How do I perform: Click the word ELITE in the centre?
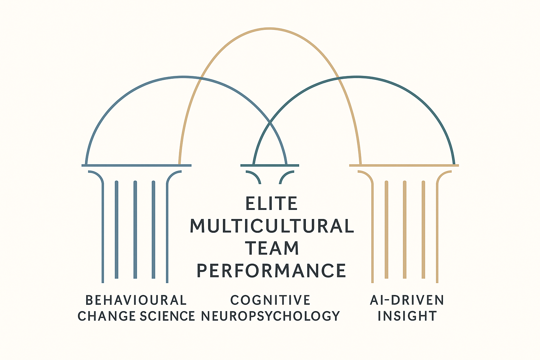click(271, 204)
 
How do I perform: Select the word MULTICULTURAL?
click(272, 226)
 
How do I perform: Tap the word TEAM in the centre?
click(272, 248)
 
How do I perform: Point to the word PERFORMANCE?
click(271, 271)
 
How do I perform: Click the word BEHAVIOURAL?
click(136, 301)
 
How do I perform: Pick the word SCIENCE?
click(167, 316)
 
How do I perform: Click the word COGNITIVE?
click(270, 301)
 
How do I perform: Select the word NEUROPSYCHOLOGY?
click(270, 316)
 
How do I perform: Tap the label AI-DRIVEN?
click(407, 301)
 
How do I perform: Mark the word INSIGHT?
click(407, 316)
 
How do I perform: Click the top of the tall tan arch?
click(270, 28)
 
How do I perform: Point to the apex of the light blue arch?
click(183, 77)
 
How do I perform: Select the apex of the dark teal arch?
click(357, 77)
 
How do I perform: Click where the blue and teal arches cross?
click(270, 122)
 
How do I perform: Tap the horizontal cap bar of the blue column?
click(136, 165)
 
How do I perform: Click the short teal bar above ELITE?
click(270, 165)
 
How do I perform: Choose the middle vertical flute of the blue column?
click(135, 230)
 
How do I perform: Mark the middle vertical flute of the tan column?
click(405, 230)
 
